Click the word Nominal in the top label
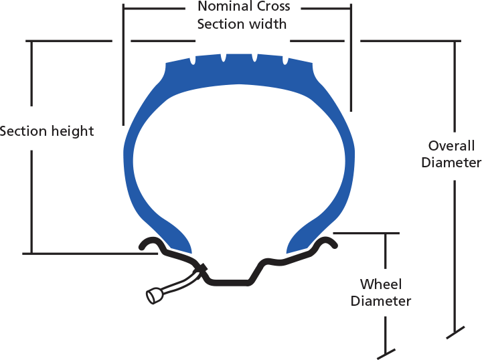[224, 7]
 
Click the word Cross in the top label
[273, 7]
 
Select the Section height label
[47, 130]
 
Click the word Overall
[451, 146]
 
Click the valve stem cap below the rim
[153, 295]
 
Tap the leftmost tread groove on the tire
[193, 60]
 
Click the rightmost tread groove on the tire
[285, 61]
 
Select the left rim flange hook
[151, 244]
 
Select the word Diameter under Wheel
[380, 301]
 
